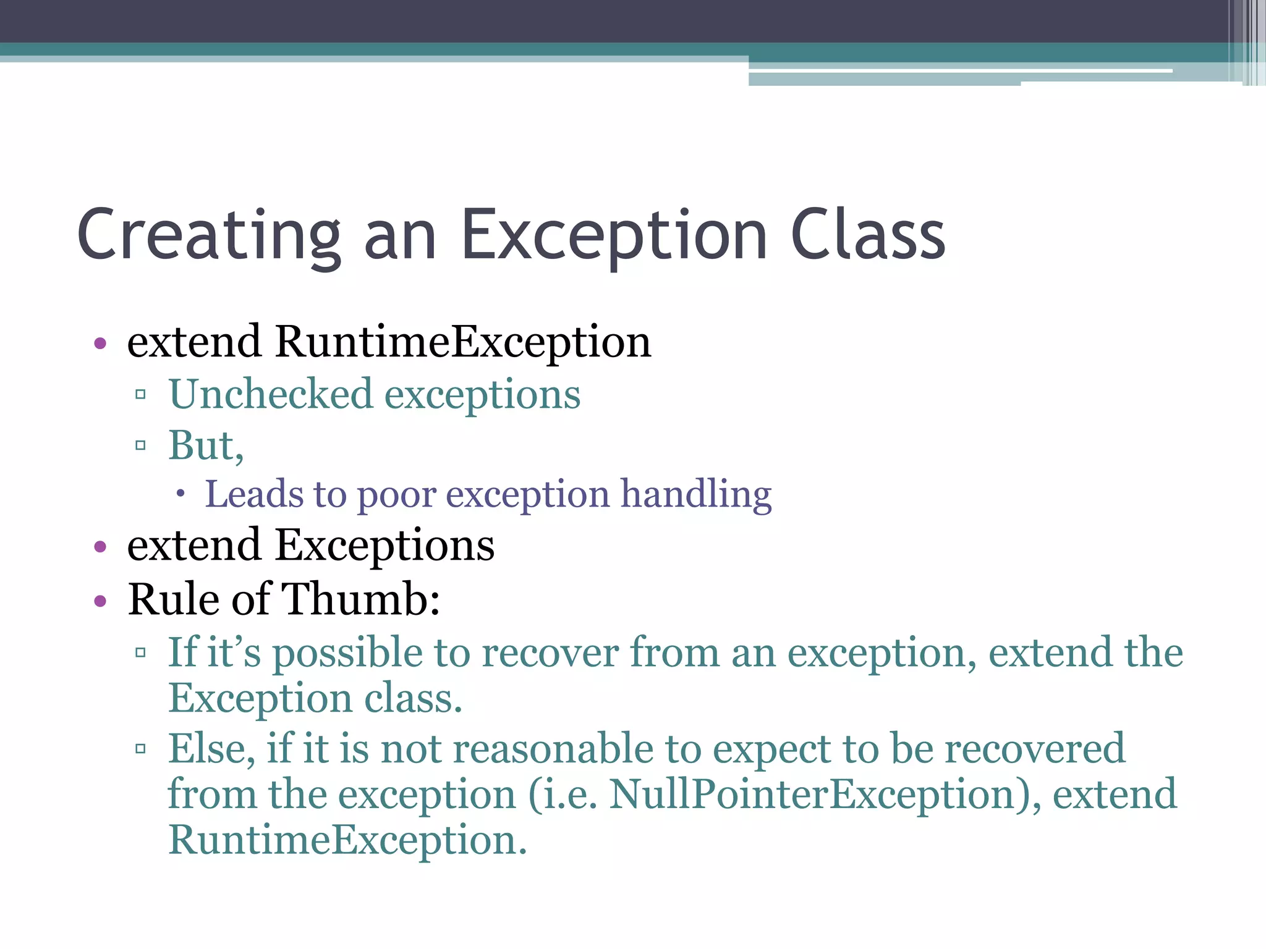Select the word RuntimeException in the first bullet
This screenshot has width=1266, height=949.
pos(462,342)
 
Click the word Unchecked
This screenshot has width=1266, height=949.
pos(271,395)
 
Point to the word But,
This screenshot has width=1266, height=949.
pos(206,445)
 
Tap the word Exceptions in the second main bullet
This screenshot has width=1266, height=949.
pos(384,546)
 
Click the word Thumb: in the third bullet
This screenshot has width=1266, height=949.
pos(360,599)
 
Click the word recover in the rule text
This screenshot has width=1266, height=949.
pos(550,654)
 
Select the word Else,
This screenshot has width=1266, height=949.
pos(212,749)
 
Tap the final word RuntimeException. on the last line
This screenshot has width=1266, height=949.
pos(347,841)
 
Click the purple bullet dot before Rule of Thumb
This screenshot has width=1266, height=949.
pos(100,601)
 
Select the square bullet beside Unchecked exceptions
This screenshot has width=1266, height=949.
pos(140,394)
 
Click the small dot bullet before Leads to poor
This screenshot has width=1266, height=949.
pos(180,493)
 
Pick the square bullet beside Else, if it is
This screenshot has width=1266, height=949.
pos(140,749)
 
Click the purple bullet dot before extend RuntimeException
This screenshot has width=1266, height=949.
pos(100,343)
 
